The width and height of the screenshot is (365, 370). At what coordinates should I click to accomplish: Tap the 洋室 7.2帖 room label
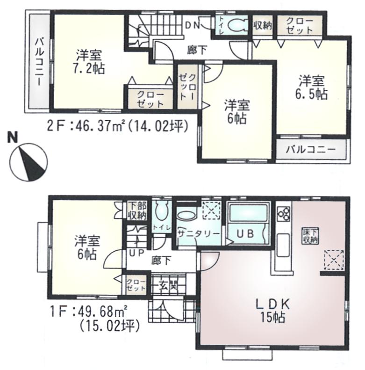88,61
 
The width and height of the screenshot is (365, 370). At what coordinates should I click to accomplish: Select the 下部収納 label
137,211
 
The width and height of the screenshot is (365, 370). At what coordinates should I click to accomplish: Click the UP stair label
136,253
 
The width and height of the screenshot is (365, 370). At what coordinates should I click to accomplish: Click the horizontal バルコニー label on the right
311,150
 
